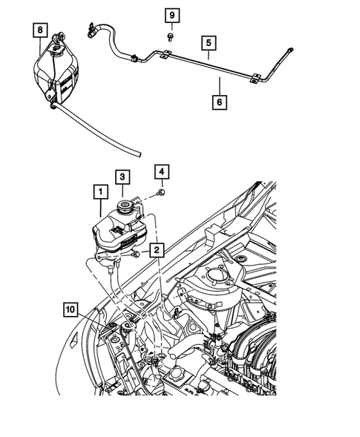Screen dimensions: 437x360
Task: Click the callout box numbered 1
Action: [98, 191]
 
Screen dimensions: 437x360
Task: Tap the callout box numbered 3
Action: [122, 176]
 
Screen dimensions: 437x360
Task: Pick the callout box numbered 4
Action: [161, 173]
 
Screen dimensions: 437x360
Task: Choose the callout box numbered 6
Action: [220, 100]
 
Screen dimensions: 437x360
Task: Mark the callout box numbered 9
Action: [171, 16]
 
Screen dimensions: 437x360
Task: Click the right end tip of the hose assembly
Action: [290, 50]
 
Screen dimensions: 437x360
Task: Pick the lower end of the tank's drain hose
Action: [138, 152]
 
